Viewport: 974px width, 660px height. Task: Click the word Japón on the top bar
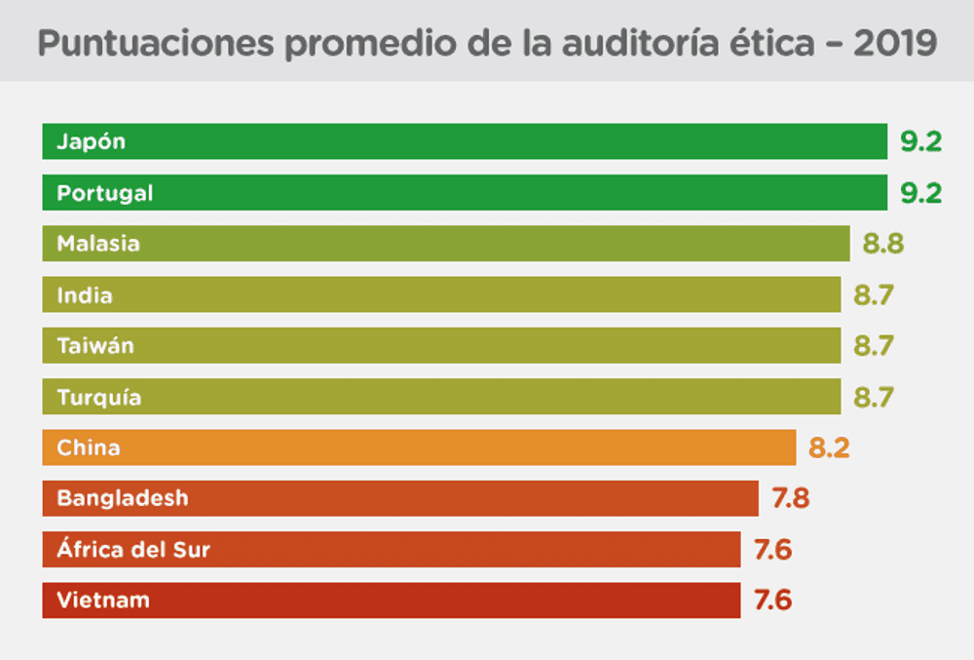point(92,142)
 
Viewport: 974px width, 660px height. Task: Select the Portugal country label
point(105,193)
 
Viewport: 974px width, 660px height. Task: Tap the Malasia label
point(98,244)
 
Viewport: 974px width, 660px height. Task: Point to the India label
point(85,295)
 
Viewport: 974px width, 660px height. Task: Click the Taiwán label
point(95,345)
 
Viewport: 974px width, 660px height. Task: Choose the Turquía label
point(99,397)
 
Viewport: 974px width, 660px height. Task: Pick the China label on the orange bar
point(89,447)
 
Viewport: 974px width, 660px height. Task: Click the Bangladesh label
point(123,498)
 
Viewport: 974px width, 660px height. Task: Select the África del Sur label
point(133,549)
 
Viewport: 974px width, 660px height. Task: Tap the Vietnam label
point(103,601)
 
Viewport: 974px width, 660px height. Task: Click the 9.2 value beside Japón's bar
point(921,142)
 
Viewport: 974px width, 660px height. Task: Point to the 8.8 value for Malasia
point(883,244)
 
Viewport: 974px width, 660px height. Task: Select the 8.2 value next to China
point(829,447)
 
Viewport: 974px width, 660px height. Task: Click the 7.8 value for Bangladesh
point(791,498)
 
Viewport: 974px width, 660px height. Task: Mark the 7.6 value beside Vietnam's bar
point(772,601)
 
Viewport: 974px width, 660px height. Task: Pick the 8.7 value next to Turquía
point(874,397)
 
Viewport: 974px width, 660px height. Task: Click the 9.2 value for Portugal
point(921,193)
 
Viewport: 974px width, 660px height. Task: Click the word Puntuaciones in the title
point(156,44)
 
